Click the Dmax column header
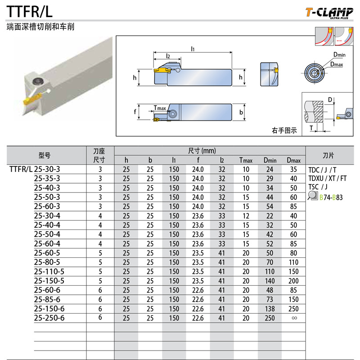pyautogui.click(x=293, y=160)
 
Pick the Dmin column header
pyautogui.click(x=270, y=160)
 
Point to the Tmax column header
pyautogui.click(x=246, y=160)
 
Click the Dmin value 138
pyautogui.click(x=270, y=309)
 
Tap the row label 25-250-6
pyautogui.click(x=49, y=318)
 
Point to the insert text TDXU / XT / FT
pyautogui.click(x=328, y=179)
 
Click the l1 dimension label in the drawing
pyautogui.click(x=193, y=48)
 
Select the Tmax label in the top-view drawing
pyautogui.click(x=160, y=108)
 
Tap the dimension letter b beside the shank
pyautogui.click(x=241, y=112)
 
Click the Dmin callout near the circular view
pyautogui.click(x=339, y=54)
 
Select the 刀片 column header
pyautogui.click(x=328, y=155)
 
